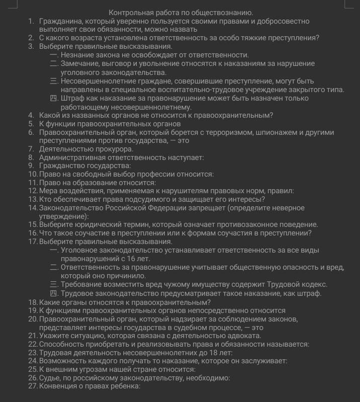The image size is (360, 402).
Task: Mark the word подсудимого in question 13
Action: coord(130,199)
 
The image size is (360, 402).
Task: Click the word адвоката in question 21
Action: coord(245,336)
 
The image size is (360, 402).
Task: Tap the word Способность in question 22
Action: coord(63,344)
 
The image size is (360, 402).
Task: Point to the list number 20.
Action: coord(33,319)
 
